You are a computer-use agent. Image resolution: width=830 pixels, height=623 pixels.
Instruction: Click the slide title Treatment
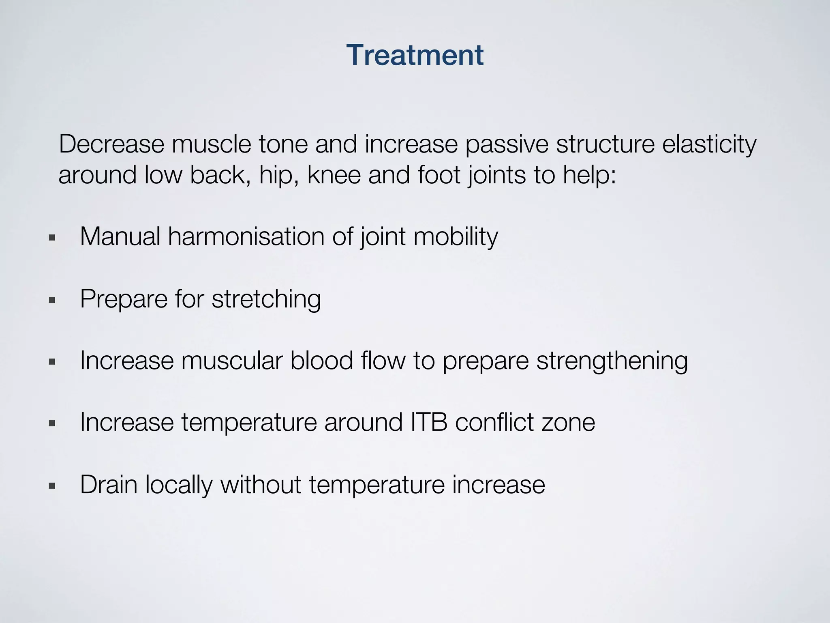point(415,55)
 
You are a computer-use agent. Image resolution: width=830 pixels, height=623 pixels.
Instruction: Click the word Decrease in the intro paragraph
point(111,144)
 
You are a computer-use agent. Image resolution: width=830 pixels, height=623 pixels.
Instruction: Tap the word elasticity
point(709,145)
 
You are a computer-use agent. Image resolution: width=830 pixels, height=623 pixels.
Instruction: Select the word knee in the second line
point(334,175)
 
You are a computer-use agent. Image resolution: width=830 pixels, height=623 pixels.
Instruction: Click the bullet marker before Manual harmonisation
point(51,238)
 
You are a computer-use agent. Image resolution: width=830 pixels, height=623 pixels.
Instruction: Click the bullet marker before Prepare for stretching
point(51,301)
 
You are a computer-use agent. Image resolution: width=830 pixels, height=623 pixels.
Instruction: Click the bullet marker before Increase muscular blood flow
point(51,362)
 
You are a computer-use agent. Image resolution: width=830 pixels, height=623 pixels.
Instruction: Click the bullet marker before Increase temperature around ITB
point(51,424)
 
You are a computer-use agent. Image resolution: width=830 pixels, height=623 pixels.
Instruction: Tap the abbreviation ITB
point(429,422)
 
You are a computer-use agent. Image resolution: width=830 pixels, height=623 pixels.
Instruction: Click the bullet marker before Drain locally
point(51,486)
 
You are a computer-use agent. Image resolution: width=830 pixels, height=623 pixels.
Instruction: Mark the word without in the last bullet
point(261,484)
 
